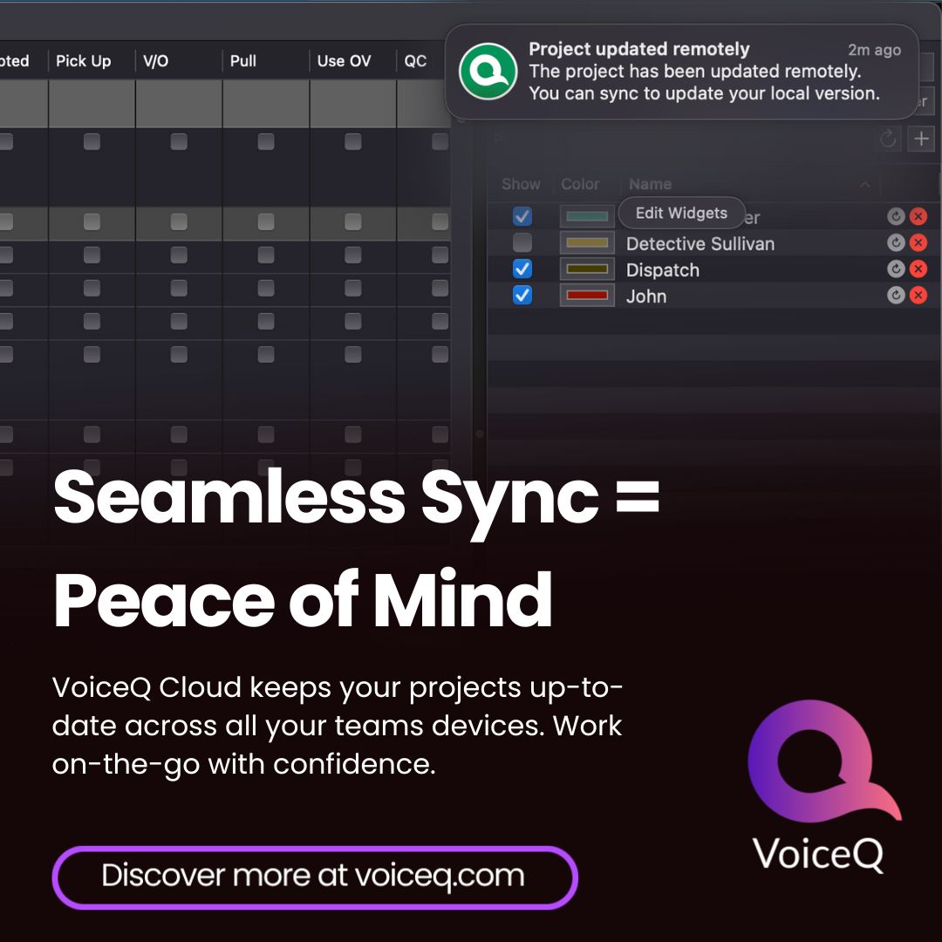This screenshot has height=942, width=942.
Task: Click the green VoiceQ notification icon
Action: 488,72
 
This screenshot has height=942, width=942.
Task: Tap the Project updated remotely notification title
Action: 638,50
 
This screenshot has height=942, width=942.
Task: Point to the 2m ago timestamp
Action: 875,51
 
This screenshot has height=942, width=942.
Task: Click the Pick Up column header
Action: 84,61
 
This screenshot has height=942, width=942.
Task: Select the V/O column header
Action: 155,61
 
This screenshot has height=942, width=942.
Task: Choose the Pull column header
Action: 243,61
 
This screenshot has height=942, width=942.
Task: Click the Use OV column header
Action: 344,61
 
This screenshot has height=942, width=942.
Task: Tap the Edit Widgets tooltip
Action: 681,213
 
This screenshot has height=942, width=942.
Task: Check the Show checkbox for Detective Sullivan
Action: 522,242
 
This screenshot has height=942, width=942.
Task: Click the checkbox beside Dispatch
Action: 522,270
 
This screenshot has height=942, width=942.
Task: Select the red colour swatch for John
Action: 586,296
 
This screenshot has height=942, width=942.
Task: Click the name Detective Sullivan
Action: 700,244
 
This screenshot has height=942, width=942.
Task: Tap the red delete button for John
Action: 918,296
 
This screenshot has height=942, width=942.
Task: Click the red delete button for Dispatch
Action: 918,270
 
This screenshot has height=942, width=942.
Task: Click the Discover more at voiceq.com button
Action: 314,876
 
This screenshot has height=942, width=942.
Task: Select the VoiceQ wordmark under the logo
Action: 818,852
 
